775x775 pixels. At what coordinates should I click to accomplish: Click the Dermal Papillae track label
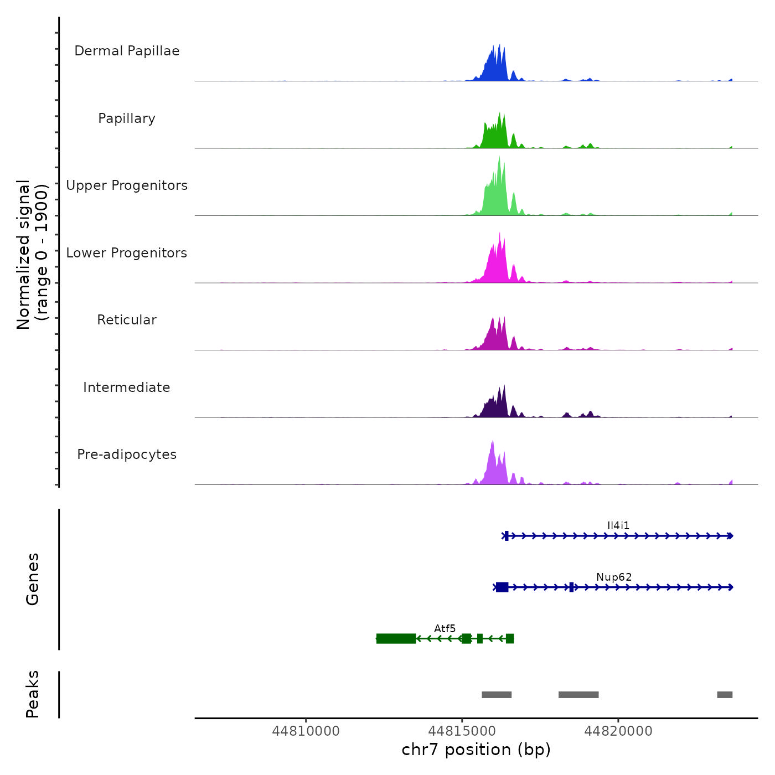tap(127, 51)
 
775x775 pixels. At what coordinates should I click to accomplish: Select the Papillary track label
tap(127, 118)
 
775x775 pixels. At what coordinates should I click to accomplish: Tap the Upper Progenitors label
tap(127, 185)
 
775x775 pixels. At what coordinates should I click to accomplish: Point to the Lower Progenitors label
tap(127, 253)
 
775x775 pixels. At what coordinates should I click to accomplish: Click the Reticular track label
tap(127, 320)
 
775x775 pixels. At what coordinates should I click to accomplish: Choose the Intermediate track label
tap(127, 387)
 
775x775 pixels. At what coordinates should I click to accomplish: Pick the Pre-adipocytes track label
tap(127, 454)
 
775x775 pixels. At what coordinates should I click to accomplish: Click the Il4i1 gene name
tap(618, 525)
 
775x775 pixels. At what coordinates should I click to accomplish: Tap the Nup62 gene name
tap(614, 577)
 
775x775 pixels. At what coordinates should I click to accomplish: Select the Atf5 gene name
tap(445, 628)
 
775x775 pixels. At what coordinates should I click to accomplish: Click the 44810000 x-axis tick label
tap(306, 731)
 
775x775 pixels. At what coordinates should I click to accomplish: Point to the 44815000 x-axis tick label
tap(462, 731)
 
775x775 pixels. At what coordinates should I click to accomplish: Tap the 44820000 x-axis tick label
tap(618, 731)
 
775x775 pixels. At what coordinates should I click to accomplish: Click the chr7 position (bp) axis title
tap(476, 750)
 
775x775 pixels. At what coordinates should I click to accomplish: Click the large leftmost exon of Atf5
tap(396, 639)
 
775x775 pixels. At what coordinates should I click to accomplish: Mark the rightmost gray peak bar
tap(725, 695)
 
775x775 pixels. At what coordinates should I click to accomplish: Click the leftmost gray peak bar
tap(497, 695)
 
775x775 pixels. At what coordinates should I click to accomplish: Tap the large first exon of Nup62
tap(502, 587)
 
